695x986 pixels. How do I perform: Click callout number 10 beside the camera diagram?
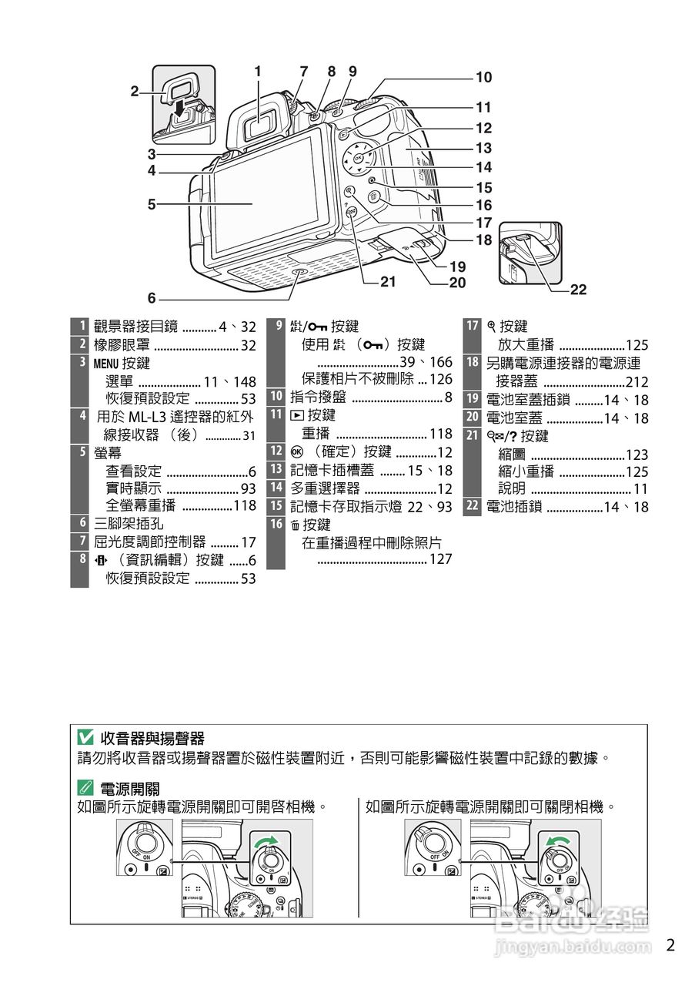point(483,78)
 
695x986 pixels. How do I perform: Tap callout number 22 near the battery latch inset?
point(578,290)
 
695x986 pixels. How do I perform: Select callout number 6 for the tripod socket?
point(152,298)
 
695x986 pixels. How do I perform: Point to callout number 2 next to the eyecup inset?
point(135,91)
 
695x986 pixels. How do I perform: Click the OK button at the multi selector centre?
point(359,157)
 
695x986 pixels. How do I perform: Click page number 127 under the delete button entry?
point(440,559)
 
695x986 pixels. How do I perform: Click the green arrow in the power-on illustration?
point(266,839)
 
